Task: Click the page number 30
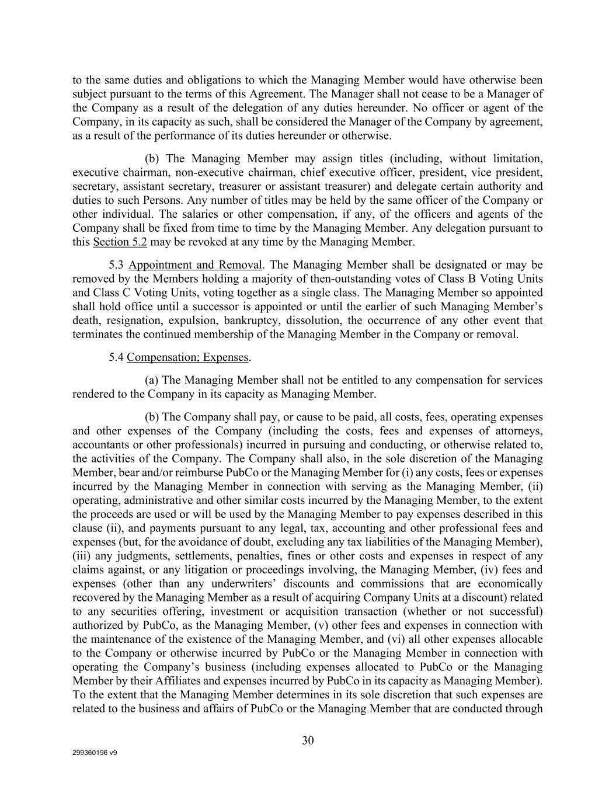click(308, 741)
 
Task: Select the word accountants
click(100, 445)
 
